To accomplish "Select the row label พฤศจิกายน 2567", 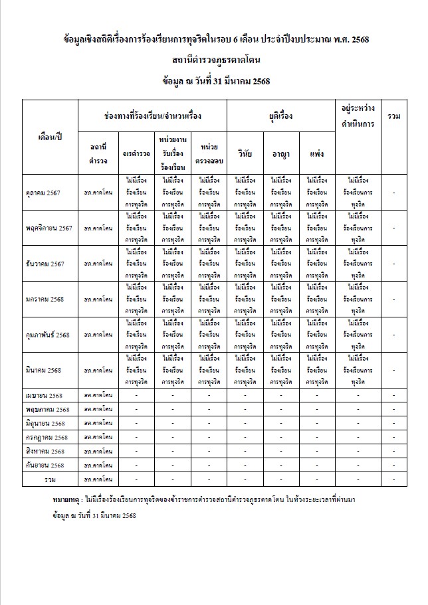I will pos(48,228).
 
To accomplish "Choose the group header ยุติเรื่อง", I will pos(281,116).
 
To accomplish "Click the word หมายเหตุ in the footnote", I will pos(66,498).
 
